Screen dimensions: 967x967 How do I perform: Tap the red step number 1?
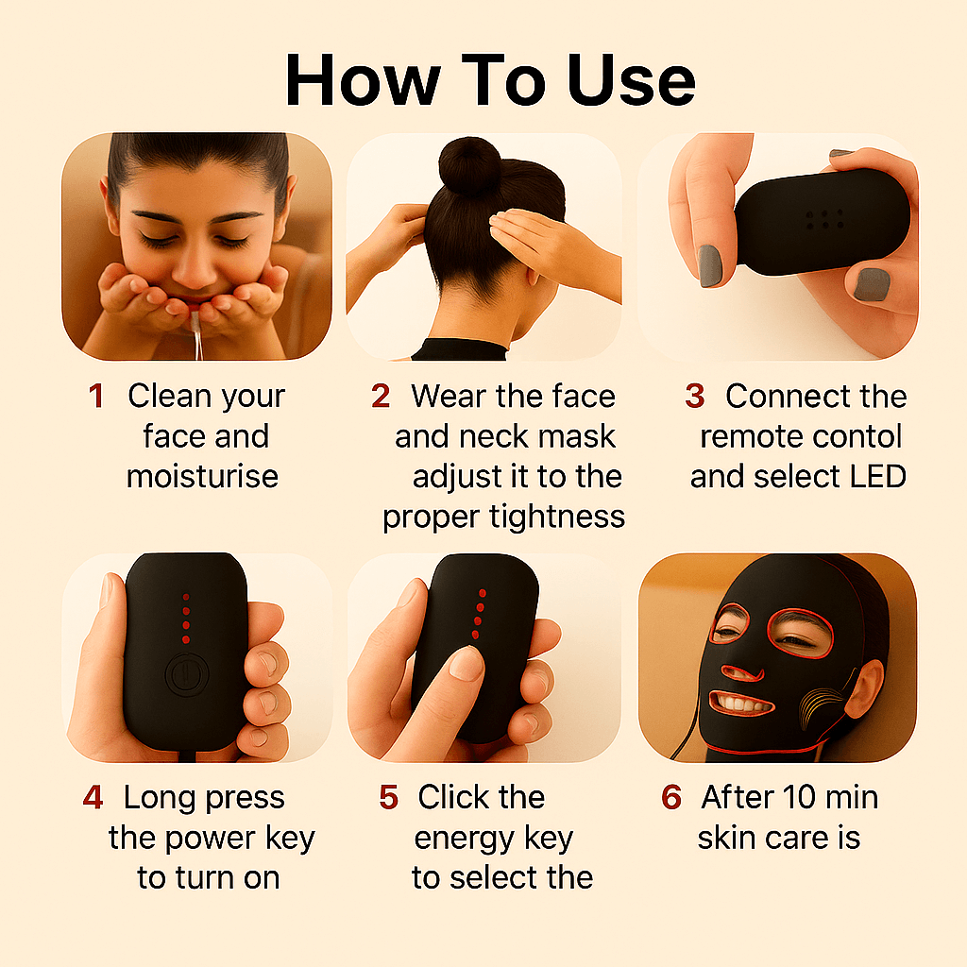(96, 397)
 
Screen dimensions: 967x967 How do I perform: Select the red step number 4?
(93, 798)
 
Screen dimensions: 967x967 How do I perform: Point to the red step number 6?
(671, 798)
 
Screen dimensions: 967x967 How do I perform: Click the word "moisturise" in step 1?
(202, 476)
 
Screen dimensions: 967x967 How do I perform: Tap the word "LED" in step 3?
(874, 476)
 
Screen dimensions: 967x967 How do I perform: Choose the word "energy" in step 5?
(494, 838)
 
